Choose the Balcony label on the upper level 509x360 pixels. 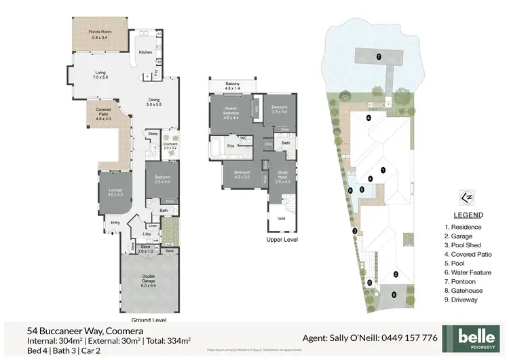click(233, 86)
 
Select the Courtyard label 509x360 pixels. click(170, 145)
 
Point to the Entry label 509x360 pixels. click(115, 221)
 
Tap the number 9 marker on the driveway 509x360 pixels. click(393, 295)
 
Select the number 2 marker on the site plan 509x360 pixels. click(395, 274)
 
